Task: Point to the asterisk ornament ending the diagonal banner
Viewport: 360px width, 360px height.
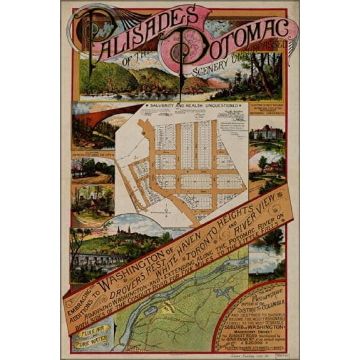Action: click(x=279, y=196)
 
